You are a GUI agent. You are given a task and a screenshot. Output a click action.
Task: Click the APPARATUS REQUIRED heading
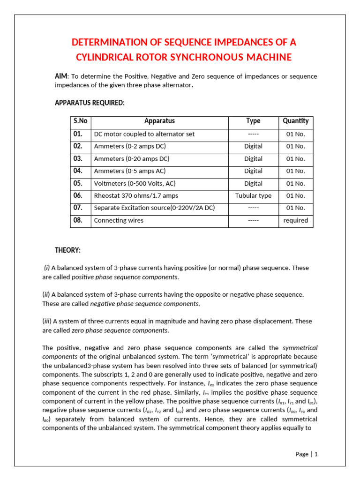click(90, 103)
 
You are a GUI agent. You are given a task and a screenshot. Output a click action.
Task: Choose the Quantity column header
click(296, 121)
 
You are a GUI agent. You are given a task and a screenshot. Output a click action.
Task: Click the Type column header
click(253, 121)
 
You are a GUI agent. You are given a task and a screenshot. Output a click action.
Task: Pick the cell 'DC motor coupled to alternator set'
click(144, 134)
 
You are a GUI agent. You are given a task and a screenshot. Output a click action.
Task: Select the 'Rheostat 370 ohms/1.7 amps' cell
click(136, 196)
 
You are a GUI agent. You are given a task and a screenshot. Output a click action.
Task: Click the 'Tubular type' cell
click(253, 196)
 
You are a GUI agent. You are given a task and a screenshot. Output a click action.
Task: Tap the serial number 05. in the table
click(78, 183)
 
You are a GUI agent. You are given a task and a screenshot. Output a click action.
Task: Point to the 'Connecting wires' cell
click(119, 220)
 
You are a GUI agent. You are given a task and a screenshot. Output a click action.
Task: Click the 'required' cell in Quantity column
click(296, 220)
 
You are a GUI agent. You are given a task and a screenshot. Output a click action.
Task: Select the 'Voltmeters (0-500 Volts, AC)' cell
click(135, 184)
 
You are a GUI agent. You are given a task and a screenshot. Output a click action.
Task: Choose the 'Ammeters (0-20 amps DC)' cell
click(132, 159)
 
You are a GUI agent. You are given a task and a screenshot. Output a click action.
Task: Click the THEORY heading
click(67, 250)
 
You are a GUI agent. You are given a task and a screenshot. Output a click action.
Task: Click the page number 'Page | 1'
click(307, 454)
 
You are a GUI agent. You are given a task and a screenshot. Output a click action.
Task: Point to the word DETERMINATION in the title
click(109, 43)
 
